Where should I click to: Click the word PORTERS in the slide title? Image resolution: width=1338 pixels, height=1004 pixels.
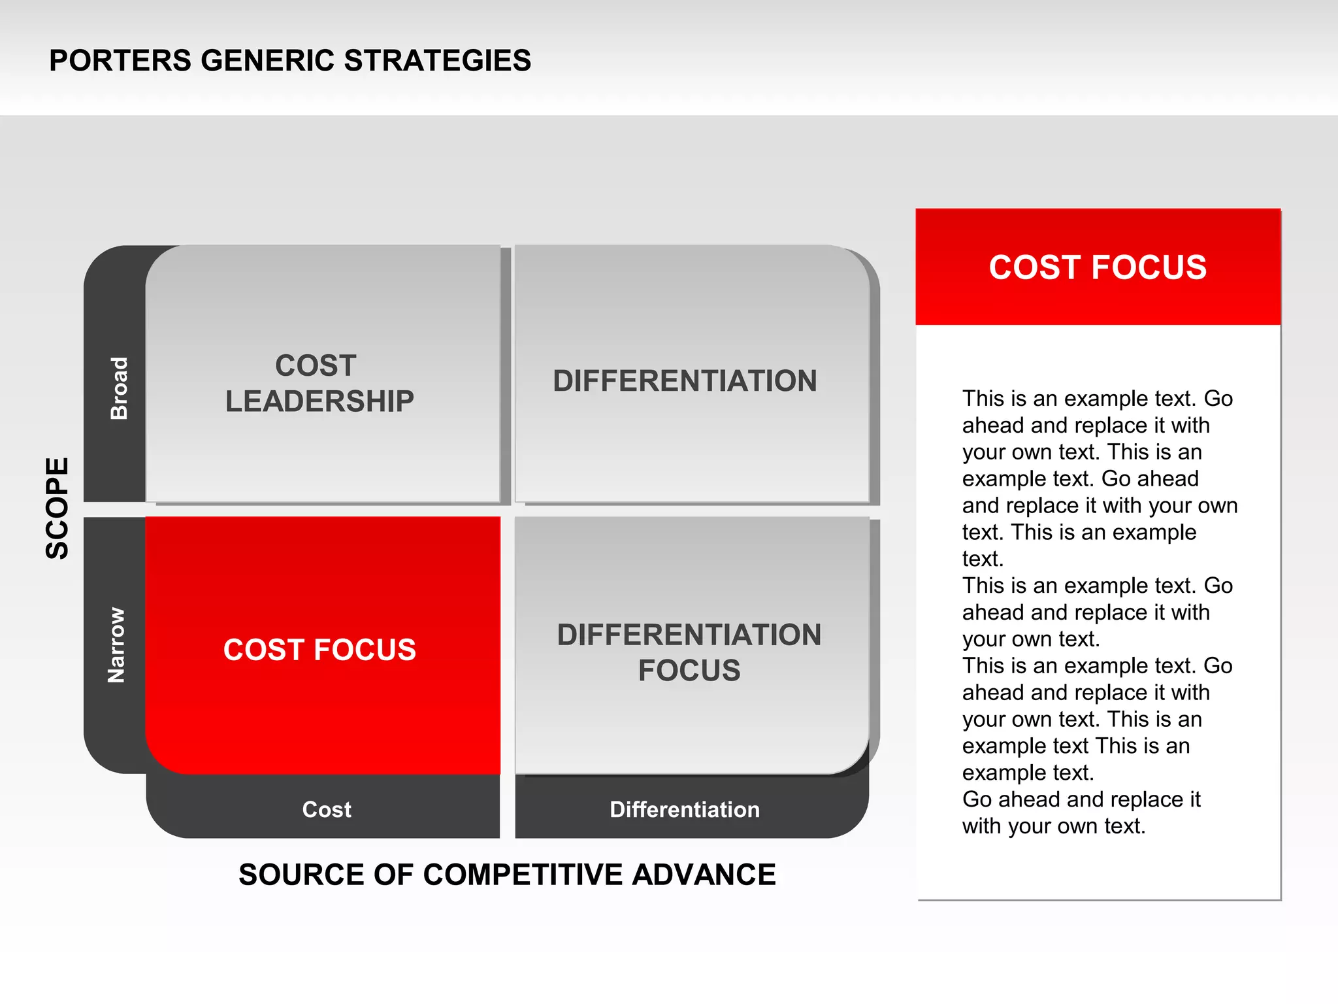click(120, 61)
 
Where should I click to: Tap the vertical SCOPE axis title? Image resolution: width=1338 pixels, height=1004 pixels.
click(57, 508)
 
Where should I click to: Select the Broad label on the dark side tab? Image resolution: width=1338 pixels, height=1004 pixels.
click(119, 388)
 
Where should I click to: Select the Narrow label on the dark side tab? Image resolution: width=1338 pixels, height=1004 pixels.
click(116, 645)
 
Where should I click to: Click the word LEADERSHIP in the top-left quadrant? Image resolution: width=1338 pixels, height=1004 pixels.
click(319, 401)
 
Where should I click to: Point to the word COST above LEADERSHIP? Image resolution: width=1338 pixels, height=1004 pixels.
click(316, 365)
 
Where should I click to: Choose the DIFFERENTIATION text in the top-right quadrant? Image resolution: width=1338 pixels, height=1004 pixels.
click(685, 381)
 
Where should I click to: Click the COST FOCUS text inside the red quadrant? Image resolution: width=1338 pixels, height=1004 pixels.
click(319, 650)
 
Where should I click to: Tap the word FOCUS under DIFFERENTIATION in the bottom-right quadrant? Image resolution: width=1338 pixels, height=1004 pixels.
click(689, 671)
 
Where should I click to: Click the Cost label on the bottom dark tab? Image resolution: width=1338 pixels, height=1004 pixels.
click(327, 810)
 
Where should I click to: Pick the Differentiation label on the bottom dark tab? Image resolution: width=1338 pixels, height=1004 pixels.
click(685, 810)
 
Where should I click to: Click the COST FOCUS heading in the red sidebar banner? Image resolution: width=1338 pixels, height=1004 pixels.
click(1098, 267)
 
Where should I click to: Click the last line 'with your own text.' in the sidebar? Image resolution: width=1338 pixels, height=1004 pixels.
click(1053, 826)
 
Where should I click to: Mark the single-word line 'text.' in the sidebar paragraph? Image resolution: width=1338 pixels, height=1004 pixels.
click(983, 559)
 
